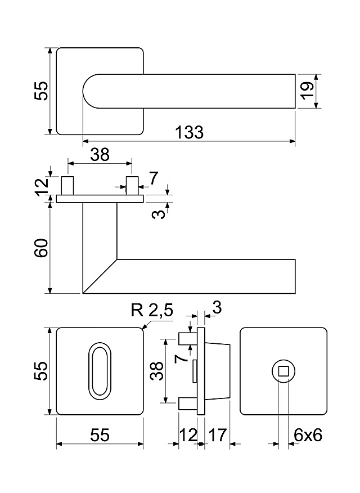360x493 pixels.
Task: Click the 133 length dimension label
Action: pyautogui.click(x=189, y=132)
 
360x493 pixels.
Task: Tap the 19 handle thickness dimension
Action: pyautogui.click(x=307, y=91)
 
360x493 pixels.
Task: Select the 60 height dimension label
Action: pyautogui.click(x=42, y=248)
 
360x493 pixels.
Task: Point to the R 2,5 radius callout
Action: pyautogui.click(x=152, y=310)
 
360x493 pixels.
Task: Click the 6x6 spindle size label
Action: pyautogui.click(x=308, y=435)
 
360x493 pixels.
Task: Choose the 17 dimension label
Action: pyautogui.click(x=217, y=435)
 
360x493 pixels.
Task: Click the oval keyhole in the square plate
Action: pyautogui.click(x=100, y=371)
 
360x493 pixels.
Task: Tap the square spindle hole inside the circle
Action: pyautogui.click(x=283, y=371)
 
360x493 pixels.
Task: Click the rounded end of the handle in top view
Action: pyautogui.click(x=90, y=91)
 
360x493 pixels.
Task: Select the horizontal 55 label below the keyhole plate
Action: pyautogui.click(x=100, y=435)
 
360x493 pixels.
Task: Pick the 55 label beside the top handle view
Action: pyautogui.click(x=41, y=91)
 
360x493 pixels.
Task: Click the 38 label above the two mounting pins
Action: pyautogui.click(x=100, y=155)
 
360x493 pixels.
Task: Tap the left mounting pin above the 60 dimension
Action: pyautogui.click(x=67, y=186)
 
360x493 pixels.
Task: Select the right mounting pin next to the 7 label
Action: pyautogui.click(x=132, y=186)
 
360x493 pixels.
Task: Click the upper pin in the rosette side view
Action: pyautogui.click(x=188, y=339)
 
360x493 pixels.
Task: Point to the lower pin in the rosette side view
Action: pyautogui.click(x=188, y=404)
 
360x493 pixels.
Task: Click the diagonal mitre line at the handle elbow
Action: pyautogui.click(x=100, y=276)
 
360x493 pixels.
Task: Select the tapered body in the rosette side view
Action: pyautogui.click(x=217, y=371)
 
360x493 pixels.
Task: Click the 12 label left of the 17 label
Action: pyautogui.click(x=188, y=435)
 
